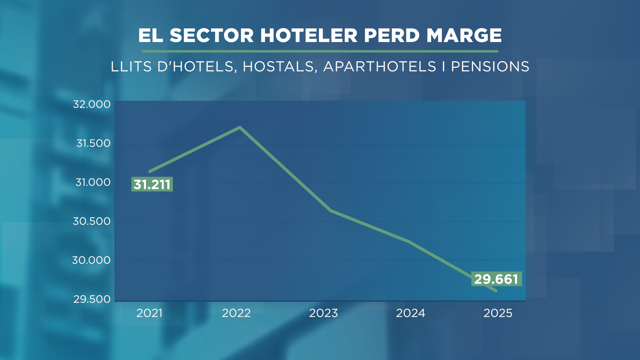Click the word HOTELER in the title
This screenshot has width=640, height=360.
[x=309, y=35]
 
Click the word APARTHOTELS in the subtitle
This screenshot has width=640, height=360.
[x=380, y=67]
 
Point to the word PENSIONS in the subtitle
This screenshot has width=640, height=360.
[x=490, y=67]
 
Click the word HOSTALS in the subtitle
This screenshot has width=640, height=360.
[x=278, y=67]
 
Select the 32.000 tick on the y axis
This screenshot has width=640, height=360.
[x=92, y=104]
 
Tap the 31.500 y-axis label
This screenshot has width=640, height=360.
[x=93, y=143]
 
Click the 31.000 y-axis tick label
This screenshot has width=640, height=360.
[x=93, y=182]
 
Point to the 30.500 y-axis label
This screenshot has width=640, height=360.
[x=92, y=221]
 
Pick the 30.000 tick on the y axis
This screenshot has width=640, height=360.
[x=91, y=260]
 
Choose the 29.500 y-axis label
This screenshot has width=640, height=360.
[x=92, y=299]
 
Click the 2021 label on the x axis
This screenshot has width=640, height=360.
[x=149, y=313]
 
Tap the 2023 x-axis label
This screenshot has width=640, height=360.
[x=323, y=313]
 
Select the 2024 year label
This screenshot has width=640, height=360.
[x=410, y=313]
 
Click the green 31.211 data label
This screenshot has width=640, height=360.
[x=152, y=184]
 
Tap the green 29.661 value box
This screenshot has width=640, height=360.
[x=496, y=279]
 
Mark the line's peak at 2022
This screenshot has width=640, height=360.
[x=240, y=127]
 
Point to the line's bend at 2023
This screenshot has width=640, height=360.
[x=330, y=210]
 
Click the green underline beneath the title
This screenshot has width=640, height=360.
[x=320, y=51]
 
